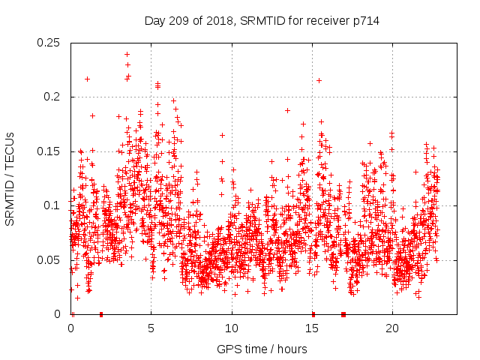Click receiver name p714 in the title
pyautogui.click(x=363, y=21)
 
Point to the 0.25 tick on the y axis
pyautogui.click(x=49, y=43)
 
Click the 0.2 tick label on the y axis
pyautogui.click(x=53, y=97)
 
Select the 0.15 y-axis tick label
pyautogui.click(x=49, y=151)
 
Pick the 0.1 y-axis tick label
pyautogui.click(x=53, y=205)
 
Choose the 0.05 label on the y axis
pyautogui.click(x=49, y=260)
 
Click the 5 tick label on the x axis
pyautogui.click(x=151, y=328)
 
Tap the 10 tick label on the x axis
pyautogui.click(x=232, y=328)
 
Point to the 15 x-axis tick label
pyautogui.click(x=312, y=328)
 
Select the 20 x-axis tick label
pyautogui.click(x=392, y=328)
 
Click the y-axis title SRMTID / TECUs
pyautogui.click(x=10, y=178)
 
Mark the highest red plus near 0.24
pyautogui.click(x=127, y=54)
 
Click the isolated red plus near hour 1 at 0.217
pyautogui.click(x=88, y=79)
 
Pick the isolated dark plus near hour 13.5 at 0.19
pyautogui.click(x=287, y=110)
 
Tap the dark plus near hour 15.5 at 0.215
pyautogui.click(x=319, y=80)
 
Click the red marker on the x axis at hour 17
pyautogui.click(x=343, y=313)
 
